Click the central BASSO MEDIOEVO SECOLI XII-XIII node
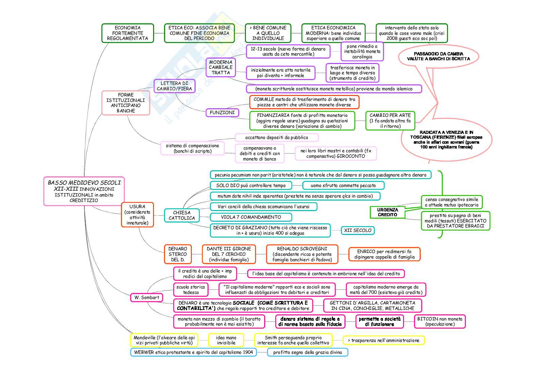pos(84,191)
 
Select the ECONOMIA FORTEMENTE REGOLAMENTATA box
pos(128,33)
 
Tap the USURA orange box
pos(137,215)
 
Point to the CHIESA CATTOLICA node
pos(182,215)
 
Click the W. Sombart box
pos(147,297)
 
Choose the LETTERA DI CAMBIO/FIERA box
pos(174,86)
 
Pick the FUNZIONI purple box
pos(222,112)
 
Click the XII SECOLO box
pos(357,230)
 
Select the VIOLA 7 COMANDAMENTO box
pos(251,217)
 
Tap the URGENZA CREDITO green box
pos(387,212)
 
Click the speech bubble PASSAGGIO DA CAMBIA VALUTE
pos(438,56)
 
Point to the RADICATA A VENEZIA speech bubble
pos(446,140)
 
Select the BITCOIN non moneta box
pos(440,321)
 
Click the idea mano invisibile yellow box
pos(226,340)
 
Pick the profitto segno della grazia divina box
pos(307,352)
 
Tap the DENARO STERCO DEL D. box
pos(178,254)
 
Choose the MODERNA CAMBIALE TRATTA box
pos(221,67)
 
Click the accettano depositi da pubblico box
pos(276,138)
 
